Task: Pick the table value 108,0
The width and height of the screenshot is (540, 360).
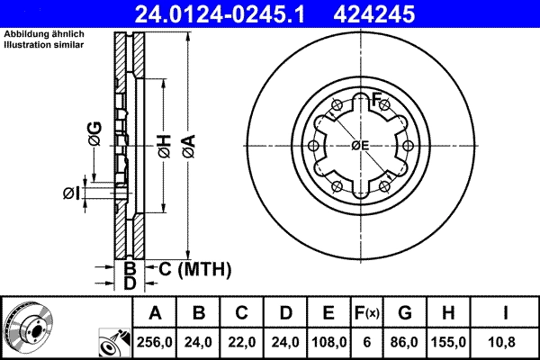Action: click(328, 342)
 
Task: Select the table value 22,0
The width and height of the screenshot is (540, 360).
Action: click(242, 342)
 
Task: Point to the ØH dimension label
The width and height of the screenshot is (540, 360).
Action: click(164, 143)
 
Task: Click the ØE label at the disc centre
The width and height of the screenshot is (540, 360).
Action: click(360, 146)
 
